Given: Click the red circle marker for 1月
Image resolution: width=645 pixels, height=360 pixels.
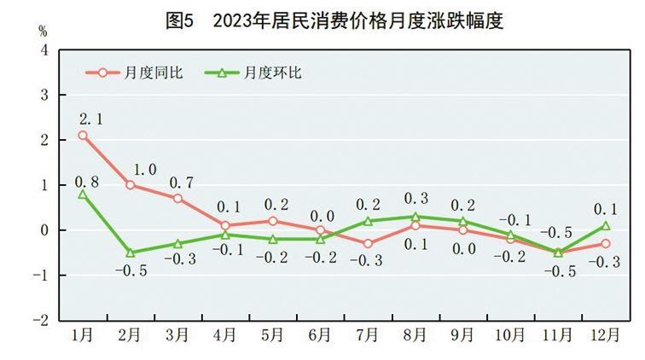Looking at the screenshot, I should tap(83, 135).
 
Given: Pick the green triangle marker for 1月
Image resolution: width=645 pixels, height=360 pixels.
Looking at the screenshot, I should tap(83, 194).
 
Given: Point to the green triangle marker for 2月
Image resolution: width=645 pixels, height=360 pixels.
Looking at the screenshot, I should tap(131, 253).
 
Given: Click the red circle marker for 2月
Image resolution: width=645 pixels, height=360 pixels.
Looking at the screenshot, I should tap(131, 184).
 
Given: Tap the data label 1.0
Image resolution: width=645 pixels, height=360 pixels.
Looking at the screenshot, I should tap(144, 169).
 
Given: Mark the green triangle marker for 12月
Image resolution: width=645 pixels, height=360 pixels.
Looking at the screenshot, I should tap(605, 225).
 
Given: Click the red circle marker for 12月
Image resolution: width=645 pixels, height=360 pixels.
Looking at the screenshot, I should tap(605, 243).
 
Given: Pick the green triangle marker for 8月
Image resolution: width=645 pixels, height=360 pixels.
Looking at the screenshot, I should tap(415, 217).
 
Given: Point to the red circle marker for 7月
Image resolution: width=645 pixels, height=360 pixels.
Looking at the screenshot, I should tap(368, 243).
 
